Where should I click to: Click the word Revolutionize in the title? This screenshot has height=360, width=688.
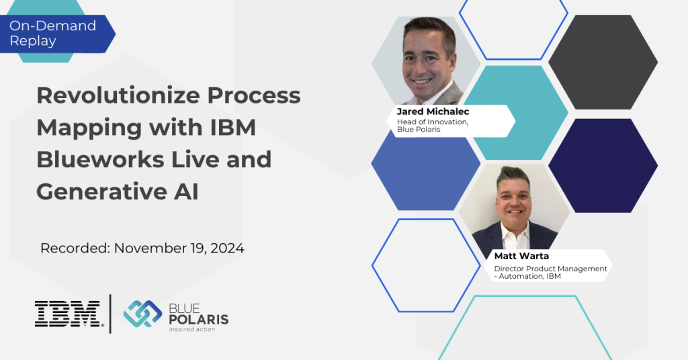(x=118, y=95)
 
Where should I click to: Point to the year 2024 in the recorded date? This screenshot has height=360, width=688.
(x=227, y=249)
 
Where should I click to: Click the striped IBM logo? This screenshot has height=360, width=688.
(x=69, y=314)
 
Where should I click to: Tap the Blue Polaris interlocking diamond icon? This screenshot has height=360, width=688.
(x=142, y=314)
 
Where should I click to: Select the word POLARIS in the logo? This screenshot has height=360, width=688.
(x=199, y=319)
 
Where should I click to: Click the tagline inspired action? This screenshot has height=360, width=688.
(x=192, y=329)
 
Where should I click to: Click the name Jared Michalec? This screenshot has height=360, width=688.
(x=433, y=111)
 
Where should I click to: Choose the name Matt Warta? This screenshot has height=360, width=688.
(x=521, y=256)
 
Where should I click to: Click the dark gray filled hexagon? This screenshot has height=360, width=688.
(x=603, y=62)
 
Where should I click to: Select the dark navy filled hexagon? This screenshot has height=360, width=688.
(x=603, y=165)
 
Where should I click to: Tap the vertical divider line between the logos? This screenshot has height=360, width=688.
(x=110, y=314)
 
